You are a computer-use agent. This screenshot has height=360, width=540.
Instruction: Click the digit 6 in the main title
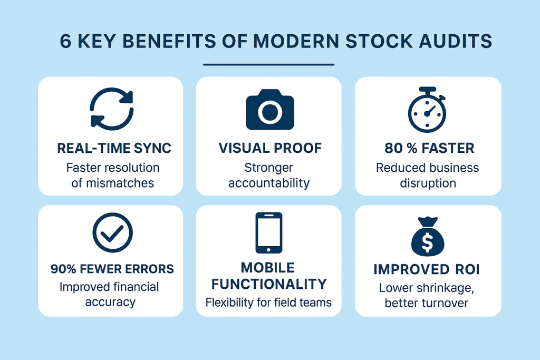[x=65, y=41]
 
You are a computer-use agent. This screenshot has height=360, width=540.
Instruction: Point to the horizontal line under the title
[x=268, y=64]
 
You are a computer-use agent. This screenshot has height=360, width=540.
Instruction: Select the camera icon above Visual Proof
[x=270, y=110]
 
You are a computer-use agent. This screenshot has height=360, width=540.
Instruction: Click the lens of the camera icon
[x=270, y=112]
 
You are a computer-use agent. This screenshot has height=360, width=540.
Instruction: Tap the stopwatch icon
[x=427, y=110]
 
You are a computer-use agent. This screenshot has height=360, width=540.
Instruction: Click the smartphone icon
[x=268, y=232]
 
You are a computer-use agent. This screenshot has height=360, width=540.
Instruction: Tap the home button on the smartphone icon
[x=268, y=249]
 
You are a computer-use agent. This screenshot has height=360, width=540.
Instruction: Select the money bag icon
[x=428, y=237]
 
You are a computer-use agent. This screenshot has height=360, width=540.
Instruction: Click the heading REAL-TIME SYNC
[x=114, y=148]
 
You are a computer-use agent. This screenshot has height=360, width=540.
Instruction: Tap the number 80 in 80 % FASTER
[x=393, y=148]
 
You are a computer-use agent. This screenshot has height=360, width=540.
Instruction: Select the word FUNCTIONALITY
[x=269, y=284]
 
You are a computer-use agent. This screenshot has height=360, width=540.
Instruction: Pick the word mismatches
[x=120, y=183]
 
